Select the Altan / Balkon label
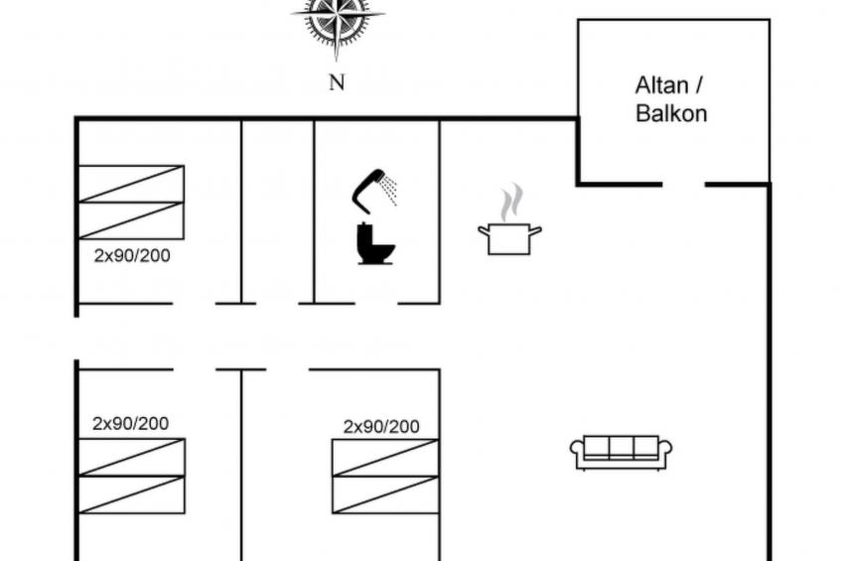pos(671,99)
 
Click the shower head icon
pos(369,189)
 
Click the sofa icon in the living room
pos(622,452)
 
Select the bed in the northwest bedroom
pos(131,203)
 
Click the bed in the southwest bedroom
pos(131,476)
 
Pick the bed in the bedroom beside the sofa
pos(385,476)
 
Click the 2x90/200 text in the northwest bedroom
pos(132,255)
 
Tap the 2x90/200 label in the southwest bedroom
pos(130,423)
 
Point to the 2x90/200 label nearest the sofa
pos(381,427)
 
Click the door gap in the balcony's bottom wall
pos(683,185)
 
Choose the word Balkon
pos(671,113)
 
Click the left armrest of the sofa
pos(577,452)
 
